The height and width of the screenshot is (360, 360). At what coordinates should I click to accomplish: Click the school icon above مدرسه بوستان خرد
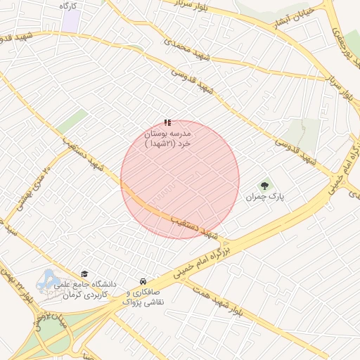point(167,122)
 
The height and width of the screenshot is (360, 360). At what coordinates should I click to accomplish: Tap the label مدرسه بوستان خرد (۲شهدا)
point(168,138)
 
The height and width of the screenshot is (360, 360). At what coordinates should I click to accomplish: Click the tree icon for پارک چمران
point(264,186)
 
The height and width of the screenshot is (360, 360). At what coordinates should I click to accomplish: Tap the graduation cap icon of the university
point(85,274)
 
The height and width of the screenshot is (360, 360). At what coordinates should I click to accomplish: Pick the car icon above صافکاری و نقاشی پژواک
point(143,281)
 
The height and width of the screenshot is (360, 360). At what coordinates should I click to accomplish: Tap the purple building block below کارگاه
point(70,20)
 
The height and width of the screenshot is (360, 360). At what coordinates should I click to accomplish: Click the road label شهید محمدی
point(187,49)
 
